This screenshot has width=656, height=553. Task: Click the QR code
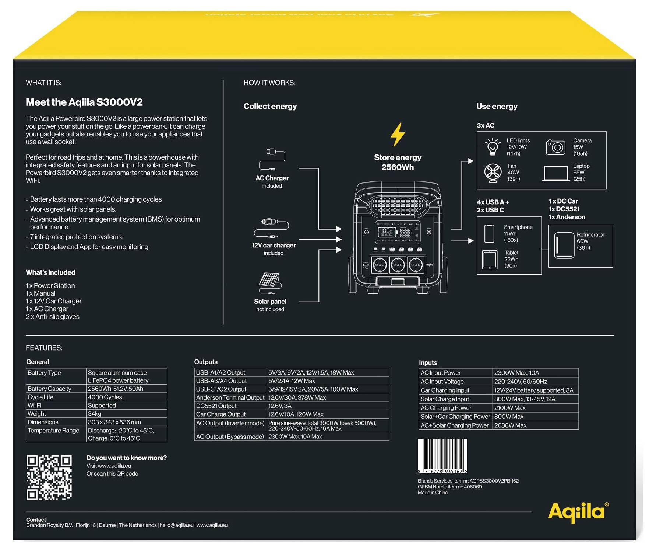tap(49, 477)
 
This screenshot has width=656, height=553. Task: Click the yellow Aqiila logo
tap(578, 512)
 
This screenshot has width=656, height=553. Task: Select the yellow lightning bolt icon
tap(398, 135)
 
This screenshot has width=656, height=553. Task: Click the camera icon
tap(556, 147)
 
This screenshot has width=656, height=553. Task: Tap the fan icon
tap(493, 173)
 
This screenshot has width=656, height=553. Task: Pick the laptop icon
tap(556, 173)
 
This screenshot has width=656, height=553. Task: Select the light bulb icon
tap(493, 147)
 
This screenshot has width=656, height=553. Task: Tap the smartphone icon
tap(489, 233)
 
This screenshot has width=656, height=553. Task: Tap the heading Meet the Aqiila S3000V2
tap(84, 102)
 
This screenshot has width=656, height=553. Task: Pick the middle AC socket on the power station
tap(398, 265)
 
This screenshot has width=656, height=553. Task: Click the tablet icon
tap(490, 260)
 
